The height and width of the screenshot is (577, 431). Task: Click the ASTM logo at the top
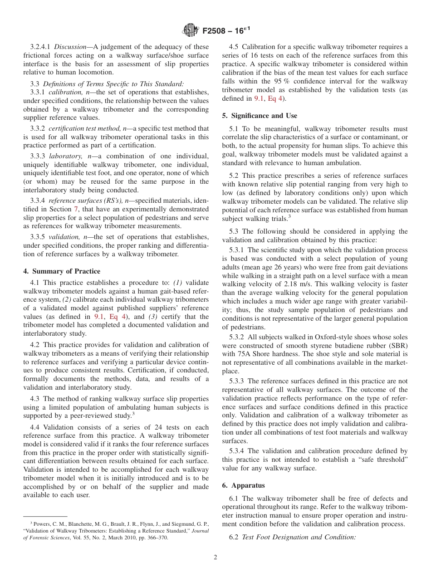click(x=190, y=31)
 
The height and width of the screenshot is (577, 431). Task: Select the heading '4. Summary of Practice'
click(x=62, y=271)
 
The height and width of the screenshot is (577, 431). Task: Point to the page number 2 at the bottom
click(x=215, y=557)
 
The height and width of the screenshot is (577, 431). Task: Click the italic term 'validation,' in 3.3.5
click(x=64, y=237)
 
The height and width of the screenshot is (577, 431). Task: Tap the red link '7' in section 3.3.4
click(x=75, y=210)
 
